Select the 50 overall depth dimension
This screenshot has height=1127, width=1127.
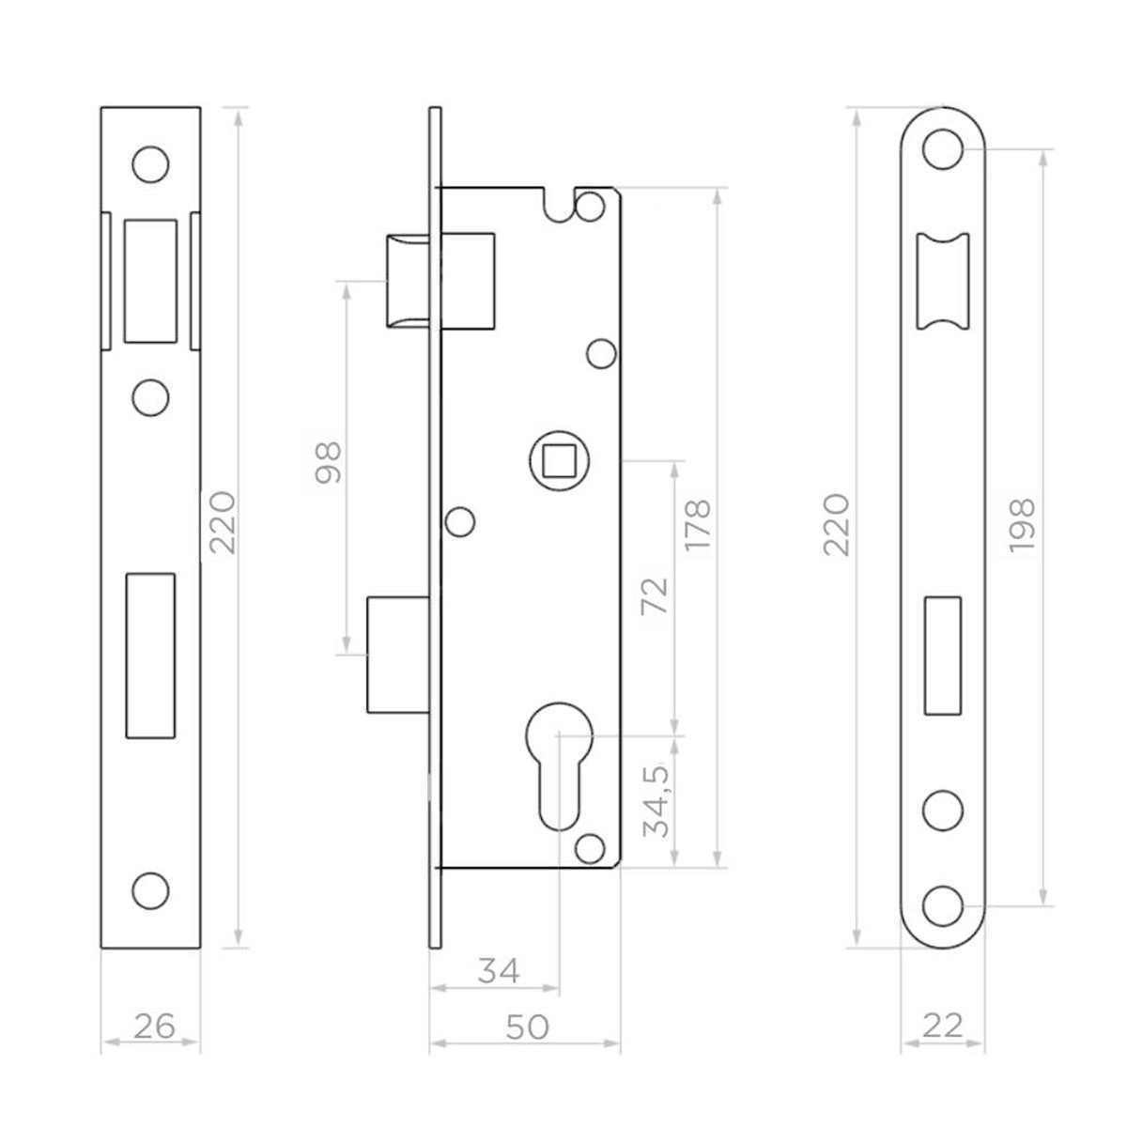pyautogui.click(x=527, y=1027)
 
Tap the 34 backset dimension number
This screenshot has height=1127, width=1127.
pyautogui.click(x=499, y=971)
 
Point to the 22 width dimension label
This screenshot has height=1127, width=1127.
pyautogui.click(x=942, y=1027)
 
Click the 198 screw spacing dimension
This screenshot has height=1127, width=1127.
pyautogui.click(x=1022, y=525)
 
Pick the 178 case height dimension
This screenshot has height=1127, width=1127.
pyautogui.click(x=700, y=525)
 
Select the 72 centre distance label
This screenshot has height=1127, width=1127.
pyautogui.click(x=656, y=595)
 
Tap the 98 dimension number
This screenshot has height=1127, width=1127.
pyautogui.click(x=329, y=462)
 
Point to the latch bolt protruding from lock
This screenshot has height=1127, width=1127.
pyautogui.click(x=409, y=280)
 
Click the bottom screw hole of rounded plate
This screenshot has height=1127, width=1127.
pyautogui.click(x=943, y=905)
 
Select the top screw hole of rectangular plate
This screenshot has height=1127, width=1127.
pyautogui.click(x=150, y=164)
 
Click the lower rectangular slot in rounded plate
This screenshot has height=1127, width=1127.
pyautogui.click(x=943, y=655)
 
